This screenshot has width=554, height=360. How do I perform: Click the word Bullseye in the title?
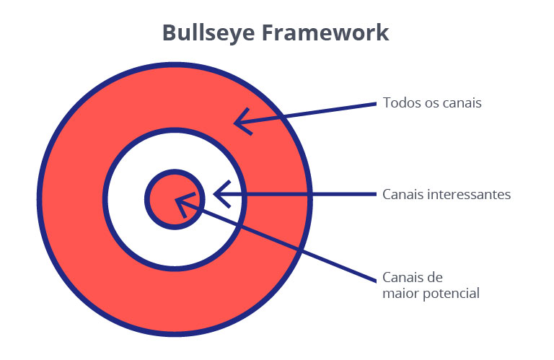click(208, 34)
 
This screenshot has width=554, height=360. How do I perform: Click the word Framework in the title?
click(325, 32)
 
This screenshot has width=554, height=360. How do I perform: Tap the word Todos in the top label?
click(400, 103)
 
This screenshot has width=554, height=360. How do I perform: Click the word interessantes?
click(469, 194)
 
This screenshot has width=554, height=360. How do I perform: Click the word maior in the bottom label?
click(400, 293)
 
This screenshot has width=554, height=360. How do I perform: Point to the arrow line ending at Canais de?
click(276, 240)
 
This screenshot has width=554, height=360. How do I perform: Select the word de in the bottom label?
click(435, 277)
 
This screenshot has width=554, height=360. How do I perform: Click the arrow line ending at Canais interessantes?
click(295, 194)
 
